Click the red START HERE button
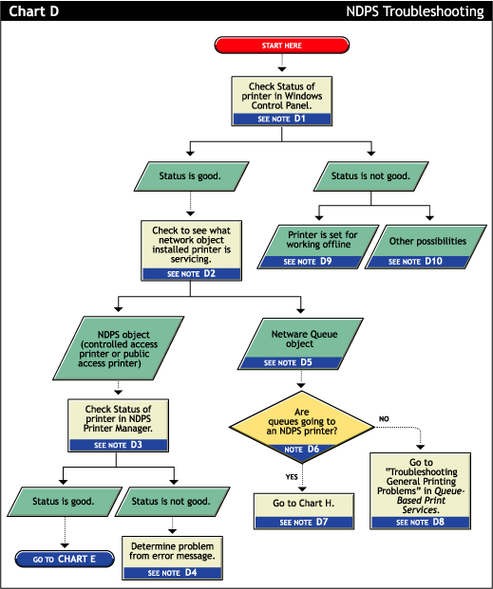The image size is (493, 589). [x=282, y=45]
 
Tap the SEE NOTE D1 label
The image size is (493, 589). [x=281, y=120]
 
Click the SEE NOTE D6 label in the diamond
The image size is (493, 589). [x=301, y=449]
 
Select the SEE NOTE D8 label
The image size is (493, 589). [x=419, y=521]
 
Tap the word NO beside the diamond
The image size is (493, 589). [x=385, y=416]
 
